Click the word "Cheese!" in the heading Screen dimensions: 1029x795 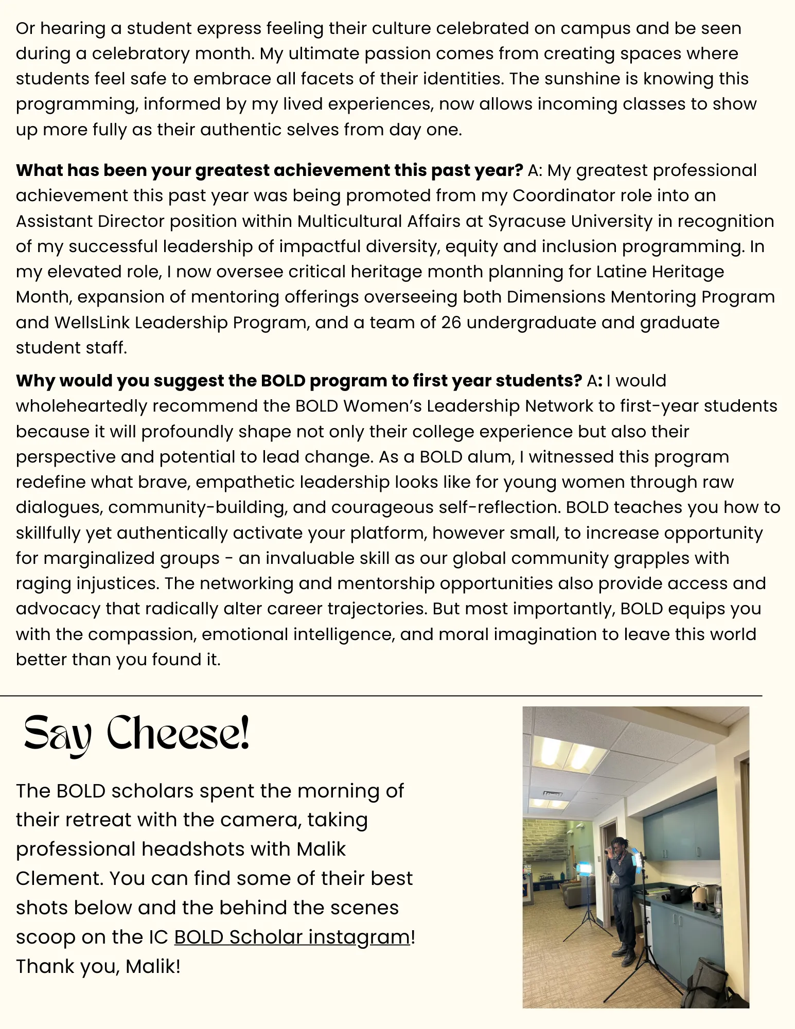pyautogui.click(x=178, y=734)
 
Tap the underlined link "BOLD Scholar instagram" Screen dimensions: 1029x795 pyautogui.click(x=292, y=937)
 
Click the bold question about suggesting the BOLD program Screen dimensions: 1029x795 pyautogui.click(x=298, y=381)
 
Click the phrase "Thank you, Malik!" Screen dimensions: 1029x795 pyautogui.click(x=98, y=967)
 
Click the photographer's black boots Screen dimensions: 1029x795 pyautogui.click(x=625, y=956)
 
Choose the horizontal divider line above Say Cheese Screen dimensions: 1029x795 pyautogui.click(x=381, y=696)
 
